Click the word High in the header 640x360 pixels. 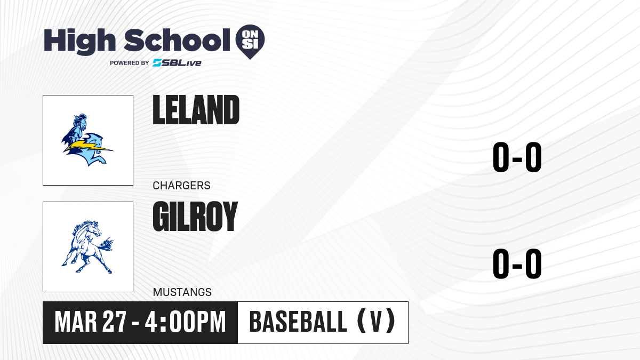(79, 41)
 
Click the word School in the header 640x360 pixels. (177, 40)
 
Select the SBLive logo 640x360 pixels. (177, 63)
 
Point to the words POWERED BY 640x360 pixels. (130, 63)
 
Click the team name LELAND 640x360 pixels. (196, 110)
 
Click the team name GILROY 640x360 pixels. (195, 217)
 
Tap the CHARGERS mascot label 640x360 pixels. (181, 186)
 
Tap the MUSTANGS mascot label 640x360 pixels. (182, 292)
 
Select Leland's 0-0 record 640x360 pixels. (517, 157)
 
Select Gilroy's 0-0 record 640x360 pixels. (517, 263)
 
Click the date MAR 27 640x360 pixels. (90, 322)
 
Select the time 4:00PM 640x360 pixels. (186, 322)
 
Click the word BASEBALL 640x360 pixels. (298, 322)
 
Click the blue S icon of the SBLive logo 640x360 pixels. (157, 63)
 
